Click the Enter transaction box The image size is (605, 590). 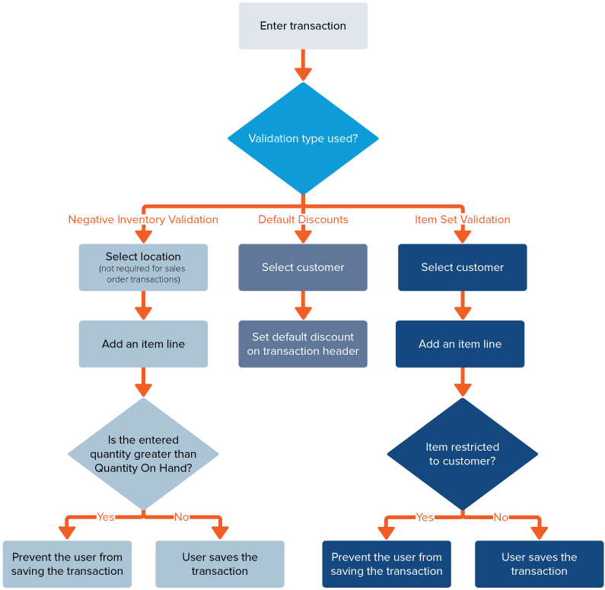pyautogui.click(x=303, y=26)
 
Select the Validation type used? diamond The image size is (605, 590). pyautogui.click(x=303, y=139)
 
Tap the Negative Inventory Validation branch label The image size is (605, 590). pyautogui.click(x=143, y=220)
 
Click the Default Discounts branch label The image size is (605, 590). pyautogui.click(x=303, y=220)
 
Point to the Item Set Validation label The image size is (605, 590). pyautogui.click(x=462, y=220)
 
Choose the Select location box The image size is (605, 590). pyautogui.click(x=143, y=267)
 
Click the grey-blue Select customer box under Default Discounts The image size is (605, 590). pyautogui.click(x=303, y=267)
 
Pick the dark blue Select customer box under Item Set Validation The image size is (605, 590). pyautogui.click(x=462, y=267)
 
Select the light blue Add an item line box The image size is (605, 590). pyautogui.click(x=143, y=344)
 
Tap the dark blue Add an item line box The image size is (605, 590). pyautogui.click(x=460, y=344)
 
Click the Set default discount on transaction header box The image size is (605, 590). pyautogui.click(x=303, y=344)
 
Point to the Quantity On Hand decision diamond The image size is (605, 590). pyautogui.click(x=143, y=454)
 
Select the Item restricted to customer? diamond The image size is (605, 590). pyautogui.click(x=462, y=454)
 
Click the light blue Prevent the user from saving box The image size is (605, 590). pyautogui.click(x=67, y=564)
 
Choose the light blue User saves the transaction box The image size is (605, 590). pyautogui.click(x=219, y=564)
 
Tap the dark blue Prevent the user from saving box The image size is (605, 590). pyautogui.click(x=387, y=564)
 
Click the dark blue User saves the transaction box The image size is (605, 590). pyautogui.click(x=539, y=564)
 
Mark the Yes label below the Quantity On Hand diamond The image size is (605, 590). pyautogui.click(x=105, y=517)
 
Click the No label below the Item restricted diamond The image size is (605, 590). pyautogui.click(x=500, y=517)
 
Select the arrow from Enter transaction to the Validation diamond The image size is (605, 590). pyautogui.click(x=303, y=65)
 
